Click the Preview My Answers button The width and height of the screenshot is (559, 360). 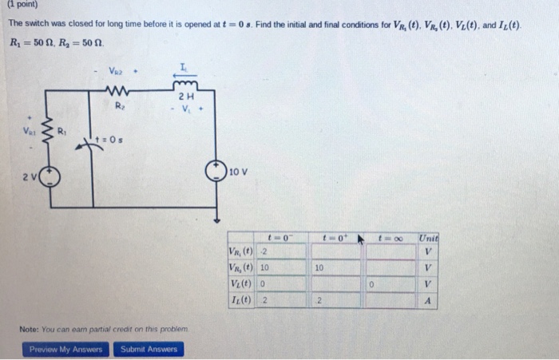[x=66, y=349]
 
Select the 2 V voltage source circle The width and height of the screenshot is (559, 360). [x=49, y=176]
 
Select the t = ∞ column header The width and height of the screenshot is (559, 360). [x=397, y=237]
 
